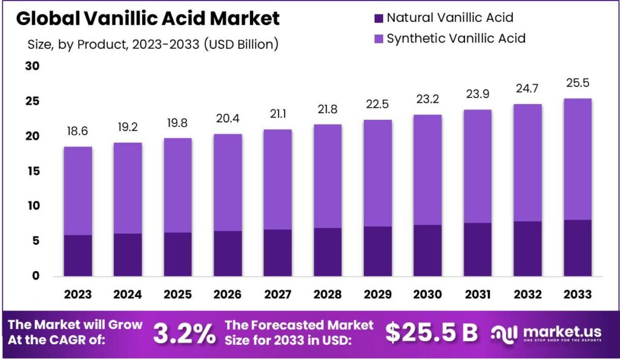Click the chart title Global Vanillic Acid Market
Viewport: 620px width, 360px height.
click(x=148, y=18)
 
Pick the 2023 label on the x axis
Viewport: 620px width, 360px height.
click(x=77, y=294)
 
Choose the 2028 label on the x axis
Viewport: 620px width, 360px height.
click(x=328, y=294)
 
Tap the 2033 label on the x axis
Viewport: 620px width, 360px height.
click(x=577, y=294)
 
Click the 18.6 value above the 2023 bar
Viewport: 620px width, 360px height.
click(x=77, y=131)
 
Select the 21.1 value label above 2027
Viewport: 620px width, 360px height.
click(x=277, y=114)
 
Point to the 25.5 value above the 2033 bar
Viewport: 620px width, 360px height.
click(x=577, y=83)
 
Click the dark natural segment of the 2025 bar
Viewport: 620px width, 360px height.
click(x=177, y=254)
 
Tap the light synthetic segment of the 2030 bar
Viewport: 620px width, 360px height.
click(x=427, y=169)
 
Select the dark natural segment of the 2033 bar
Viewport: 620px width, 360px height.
click(x=577, y=248)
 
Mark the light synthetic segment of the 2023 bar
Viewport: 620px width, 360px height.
click(x=77, y=191)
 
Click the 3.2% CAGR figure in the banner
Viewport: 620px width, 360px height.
click(x=184, y=332)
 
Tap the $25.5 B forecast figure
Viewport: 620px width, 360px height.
click(x=432, y=332)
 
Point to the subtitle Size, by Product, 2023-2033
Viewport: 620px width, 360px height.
click(x=153, y=44)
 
